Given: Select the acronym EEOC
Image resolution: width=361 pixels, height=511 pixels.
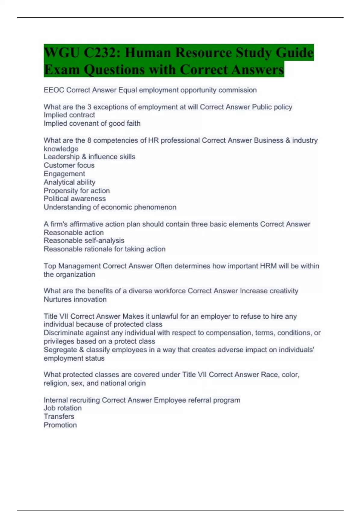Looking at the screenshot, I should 54,90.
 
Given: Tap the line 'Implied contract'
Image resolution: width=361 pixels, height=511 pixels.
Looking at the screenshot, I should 69,115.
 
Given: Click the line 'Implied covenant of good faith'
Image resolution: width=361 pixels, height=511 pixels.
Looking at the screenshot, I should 92,124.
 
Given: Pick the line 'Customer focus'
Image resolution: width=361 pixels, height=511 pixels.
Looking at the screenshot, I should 69,165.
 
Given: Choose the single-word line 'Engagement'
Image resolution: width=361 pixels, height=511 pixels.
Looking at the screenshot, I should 64,174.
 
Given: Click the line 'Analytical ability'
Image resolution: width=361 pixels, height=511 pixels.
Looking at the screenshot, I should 69,182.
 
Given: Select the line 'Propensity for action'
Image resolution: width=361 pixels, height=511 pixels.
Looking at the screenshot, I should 77,191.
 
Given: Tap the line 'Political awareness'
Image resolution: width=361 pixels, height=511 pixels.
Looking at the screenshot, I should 75,199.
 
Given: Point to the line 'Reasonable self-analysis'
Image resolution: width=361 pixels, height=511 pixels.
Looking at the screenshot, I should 84,240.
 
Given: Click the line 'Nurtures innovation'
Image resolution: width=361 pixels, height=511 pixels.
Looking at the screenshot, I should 75,299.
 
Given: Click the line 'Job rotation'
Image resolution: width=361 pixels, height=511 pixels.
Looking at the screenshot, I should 63,408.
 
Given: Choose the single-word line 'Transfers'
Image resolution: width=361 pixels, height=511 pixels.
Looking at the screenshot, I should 59,417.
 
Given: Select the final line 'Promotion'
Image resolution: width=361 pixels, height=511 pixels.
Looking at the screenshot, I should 60,425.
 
